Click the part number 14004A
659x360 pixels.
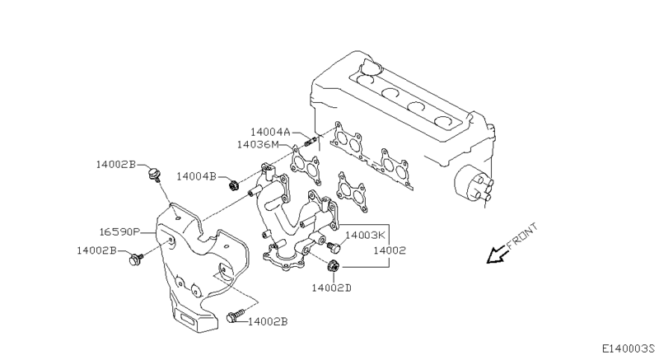[x=271, y=131]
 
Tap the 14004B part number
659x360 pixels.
[x=195, y=176]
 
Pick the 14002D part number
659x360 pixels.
[x=331, y=287]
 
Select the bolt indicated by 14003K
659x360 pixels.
[x=333, y=245]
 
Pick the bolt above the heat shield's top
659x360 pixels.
[x=152, y=174]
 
